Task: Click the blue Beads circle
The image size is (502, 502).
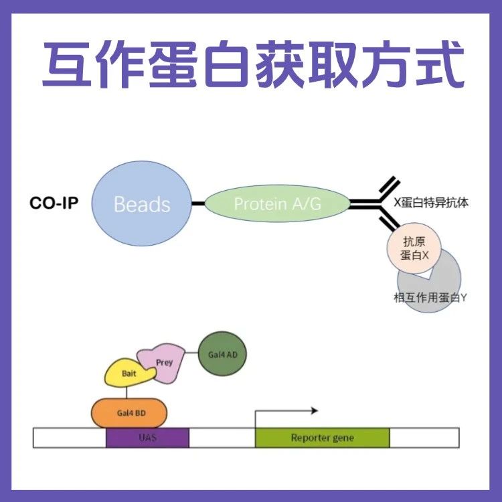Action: point(141,203)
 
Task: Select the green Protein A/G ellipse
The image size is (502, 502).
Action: point(276,203)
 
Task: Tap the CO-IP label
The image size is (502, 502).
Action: point(54,203)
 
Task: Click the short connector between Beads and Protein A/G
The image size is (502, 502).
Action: point(197,203)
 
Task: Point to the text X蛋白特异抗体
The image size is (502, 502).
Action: point(432,202)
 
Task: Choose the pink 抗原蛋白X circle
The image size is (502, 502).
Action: point(410,248)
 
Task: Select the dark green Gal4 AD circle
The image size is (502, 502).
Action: point(222,354)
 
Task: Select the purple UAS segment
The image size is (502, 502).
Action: point(147,438)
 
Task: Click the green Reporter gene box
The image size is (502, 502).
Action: point(322,438)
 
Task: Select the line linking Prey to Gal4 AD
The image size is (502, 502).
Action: point(192,353)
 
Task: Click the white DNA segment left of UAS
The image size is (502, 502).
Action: point(70,438)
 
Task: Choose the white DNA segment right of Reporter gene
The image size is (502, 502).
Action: point(424,438)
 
